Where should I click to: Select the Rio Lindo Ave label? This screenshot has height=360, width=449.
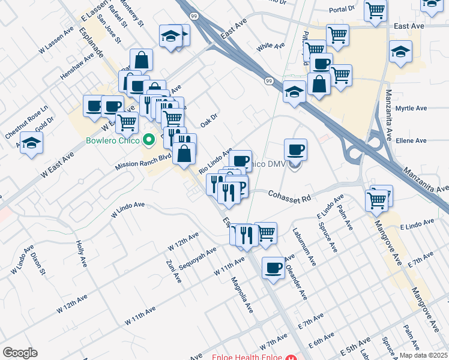215,160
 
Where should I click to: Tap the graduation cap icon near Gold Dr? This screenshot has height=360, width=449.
32,144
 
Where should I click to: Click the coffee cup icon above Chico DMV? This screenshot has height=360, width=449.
295,149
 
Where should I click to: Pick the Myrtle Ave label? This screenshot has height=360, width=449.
411,109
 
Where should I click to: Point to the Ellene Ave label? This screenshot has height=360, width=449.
411,140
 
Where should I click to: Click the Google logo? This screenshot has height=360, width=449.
20,353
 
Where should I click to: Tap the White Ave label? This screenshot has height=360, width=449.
270,46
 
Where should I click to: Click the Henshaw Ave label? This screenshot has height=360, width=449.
77,66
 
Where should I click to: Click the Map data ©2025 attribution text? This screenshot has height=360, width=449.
423,354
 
